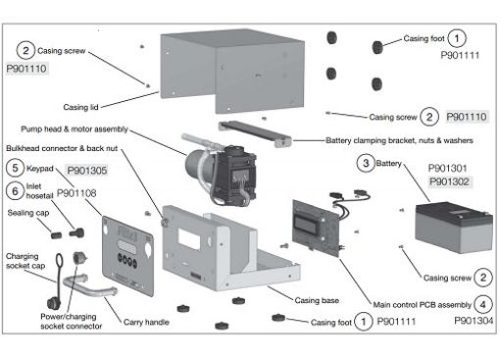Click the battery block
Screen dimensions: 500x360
coord(454,228)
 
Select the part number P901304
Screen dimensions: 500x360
coord(474,321)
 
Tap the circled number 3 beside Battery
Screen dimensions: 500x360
coord(366,163)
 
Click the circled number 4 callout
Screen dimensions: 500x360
coord(483,305)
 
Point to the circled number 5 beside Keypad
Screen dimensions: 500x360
coord(15,168)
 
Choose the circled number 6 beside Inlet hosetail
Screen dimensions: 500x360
coord(15,190)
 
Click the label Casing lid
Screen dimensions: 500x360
coord(80,107)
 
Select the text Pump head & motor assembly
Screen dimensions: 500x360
coord(75,129)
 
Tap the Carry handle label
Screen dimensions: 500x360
coord(146,322)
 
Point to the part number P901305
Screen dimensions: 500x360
coord(87,171)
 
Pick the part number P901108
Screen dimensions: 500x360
coord(76,193)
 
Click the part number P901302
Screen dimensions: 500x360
coord(449,181)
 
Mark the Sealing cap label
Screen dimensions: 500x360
coord(28,213)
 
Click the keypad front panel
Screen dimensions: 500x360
coord(128,256)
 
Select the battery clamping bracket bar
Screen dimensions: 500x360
coord(255,133)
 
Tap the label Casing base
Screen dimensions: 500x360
coord(317,300)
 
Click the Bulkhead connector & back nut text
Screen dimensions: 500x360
coord(62,148)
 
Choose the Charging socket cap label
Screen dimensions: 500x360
coord(25,261)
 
